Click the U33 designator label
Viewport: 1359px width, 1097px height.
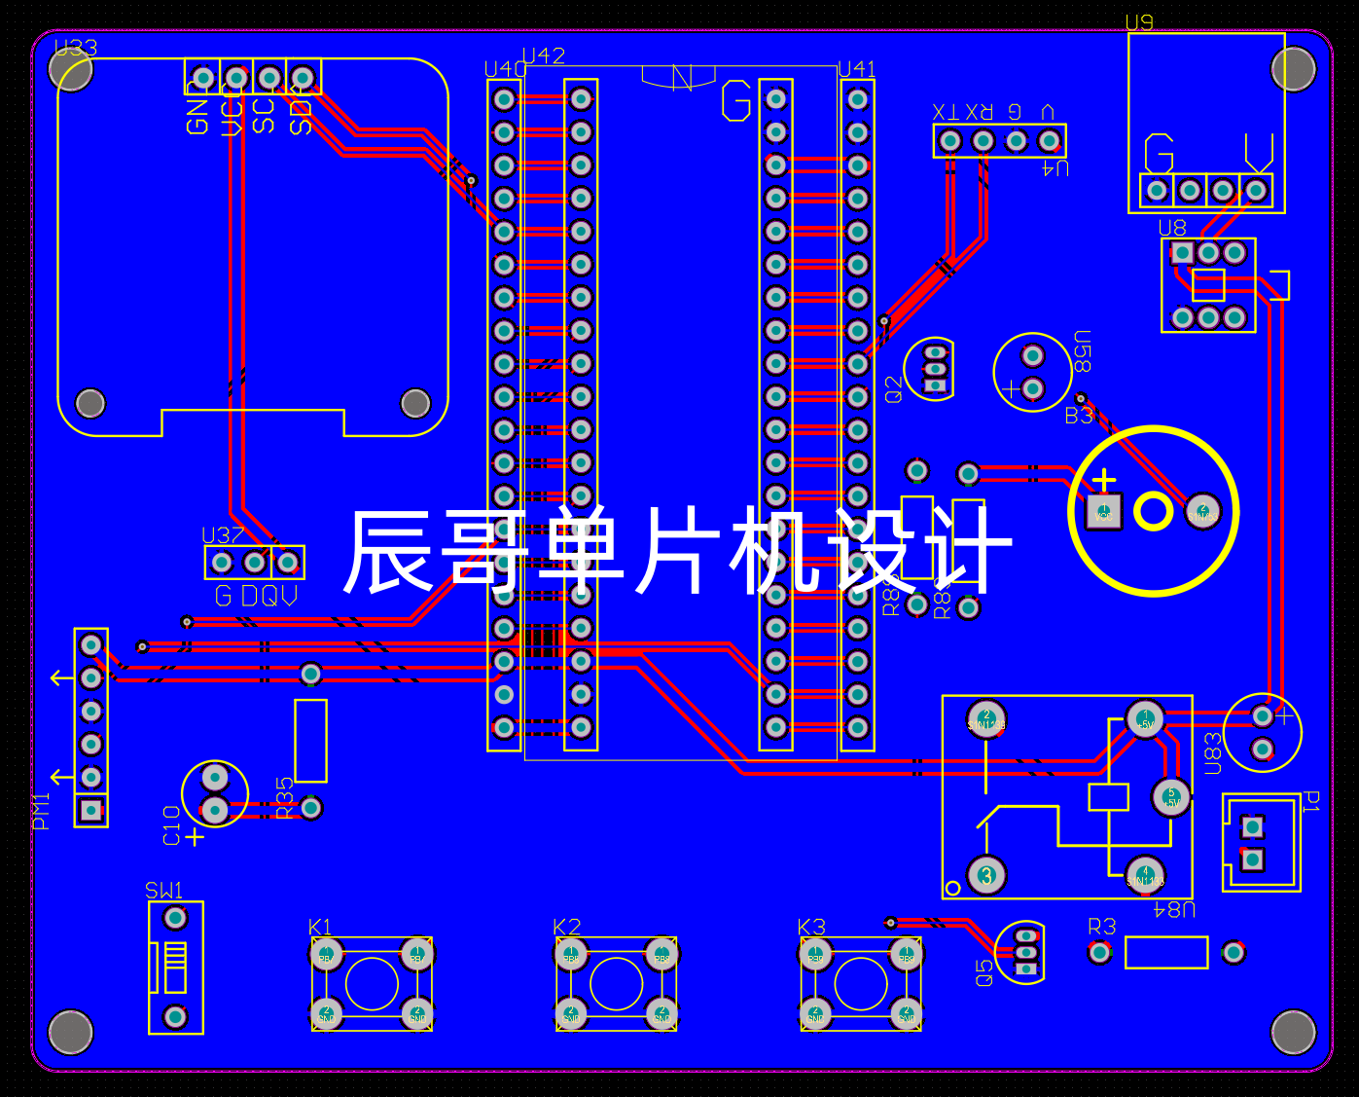tap(76, 48)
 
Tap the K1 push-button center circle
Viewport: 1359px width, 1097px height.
tap(372, 984)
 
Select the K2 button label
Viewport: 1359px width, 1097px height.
tap(566, 927)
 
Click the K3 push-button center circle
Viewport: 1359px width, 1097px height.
tap(861, 984)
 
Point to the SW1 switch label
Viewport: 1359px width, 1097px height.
tap(163, 890)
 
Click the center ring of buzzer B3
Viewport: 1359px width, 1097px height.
tap(1153, 511)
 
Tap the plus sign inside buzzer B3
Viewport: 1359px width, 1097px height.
tap(1104, 480)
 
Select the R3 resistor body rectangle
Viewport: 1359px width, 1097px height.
tap(1165, 952)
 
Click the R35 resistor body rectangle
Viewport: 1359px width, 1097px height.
tap(310, 740)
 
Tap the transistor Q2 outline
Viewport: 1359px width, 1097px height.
tap(931, 369)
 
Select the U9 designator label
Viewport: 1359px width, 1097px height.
tap(1138, 22)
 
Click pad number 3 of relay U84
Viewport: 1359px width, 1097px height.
tap(986, 874)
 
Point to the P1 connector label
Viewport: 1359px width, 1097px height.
tap(1310, 801)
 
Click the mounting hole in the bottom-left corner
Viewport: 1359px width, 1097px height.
tap(71, 1032)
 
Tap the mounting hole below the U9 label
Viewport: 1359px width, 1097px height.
tap(1293, 69)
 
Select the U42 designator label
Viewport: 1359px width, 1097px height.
tap(543, 55)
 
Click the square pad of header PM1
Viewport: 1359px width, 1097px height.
tap(90, 810)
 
